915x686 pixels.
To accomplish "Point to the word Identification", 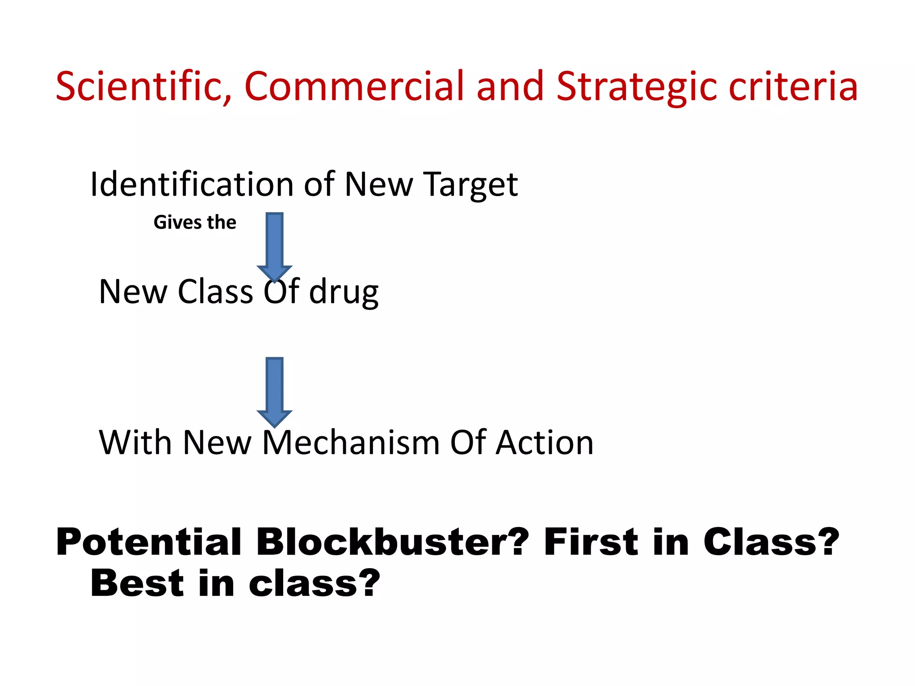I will (x=192, y=184).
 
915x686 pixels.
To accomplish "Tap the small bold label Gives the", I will (x=195, y=222).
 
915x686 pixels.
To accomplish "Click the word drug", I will (x=344, y=293).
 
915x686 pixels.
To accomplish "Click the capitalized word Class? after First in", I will (x=771, y=542).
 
